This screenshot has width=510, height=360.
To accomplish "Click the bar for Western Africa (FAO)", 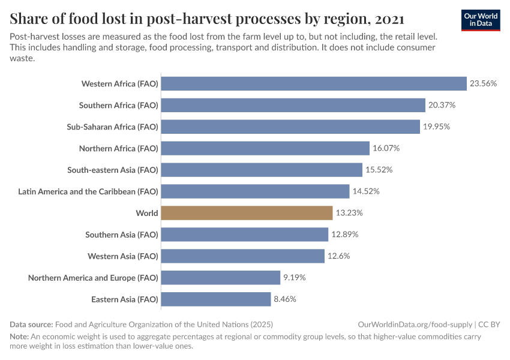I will pos(314,83).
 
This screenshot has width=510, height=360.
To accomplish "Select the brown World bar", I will pos(247,213).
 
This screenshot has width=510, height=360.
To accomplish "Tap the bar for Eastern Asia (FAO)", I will pos(216,299).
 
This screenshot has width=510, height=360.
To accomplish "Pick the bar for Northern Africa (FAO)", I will pos(265,148).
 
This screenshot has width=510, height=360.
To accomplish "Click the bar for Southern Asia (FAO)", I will pos(245,235).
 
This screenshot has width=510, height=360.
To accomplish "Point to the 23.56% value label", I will pos(483,83).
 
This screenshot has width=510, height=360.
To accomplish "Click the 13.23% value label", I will pos(349,213).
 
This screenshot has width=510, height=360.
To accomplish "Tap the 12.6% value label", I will pos(338,256).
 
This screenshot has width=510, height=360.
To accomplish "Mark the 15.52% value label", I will pos(379,170).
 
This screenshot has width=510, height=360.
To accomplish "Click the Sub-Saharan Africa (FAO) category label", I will pos(112,127).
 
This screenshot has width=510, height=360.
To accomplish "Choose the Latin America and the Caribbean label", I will pos(88,191).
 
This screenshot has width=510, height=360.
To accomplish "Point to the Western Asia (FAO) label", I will pos(123,256).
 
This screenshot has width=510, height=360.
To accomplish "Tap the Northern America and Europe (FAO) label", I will pos(93,278).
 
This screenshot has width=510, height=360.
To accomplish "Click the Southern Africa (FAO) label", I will pos(119,105).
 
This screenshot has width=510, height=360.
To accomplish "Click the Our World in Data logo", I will pos(481,20).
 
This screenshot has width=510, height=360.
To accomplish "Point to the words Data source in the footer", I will pos(31,324).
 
